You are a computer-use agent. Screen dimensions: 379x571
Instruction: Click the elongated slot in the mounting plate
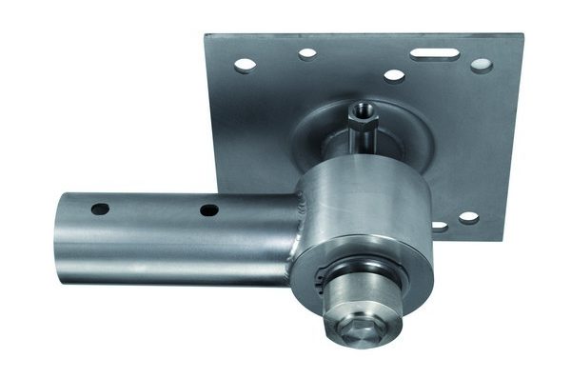coord(435,54)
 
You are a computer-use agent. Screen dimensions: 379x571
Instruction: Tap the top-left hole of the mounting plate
coord(245,65)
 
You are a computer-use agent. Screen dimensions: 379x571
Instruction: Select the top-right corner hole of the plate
coord(482,66)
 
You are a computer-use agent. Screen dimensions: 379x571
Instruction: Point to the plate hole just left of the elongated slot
coord(307,54)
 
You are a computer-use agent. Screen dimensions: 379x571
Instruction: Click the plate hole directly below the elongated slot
coord(393,75)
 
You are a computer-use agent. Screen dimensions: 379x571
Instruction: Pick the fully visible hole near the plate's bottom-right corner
coord(469,218)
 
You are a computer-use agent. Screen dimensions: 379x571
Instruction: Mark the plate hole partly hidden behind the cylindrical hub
coord(439,227)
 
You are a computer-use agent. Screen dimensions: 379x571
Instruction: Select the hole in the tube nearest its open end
coord(100,208)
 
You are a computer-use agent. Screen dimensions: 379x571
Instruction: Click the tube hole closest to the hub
coord(209,209)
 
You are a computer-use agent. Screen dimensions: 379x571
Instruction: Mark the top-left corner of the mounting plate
coord(206,37)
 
